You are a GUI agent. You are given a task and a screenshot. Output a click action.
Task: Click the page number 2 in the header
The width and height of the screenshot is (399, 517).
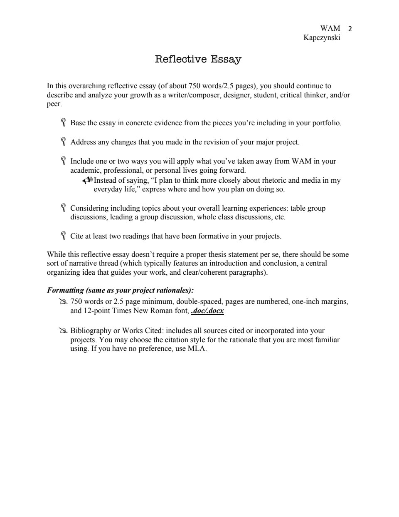[x=350, y=29]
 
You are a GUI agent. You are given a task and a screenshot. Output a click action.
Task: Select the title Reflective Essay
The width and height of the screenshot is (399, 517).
[x=198, y=59]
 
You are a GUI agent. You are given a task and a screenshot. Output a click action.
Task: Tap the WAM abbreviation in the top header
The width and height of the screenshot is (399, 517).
[x=330, y=28]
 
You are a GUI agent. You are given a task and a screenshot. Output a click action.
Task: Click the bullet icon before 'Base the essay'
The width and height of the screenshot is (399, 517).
[x=64, y=123]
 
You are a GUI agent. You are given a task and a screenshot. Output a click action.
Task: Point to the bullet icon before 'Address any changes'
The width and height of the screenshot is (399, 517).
[x=64, y=142]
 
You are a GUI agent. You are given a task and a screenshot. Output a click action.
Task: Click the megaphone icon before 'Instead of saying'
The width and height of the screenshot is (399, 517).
[x=87, y=180]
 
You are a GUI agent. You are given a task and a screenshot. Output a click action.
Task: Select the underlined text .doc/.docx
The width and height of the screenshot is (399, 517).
[x=207, y=311]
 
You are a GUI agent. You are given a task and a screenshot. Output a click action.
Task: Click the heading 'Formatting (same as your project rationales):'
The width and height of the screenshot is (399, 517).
[x=121, y=290]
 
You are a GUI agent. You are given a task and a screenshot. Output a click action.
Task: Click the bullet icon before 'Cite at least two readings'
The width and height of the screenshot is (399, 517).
[x=64, y=236]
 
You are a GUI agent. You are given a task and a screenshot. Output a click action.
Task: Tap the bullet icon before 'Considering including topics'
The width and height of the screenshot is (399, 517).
[x=64, y=208]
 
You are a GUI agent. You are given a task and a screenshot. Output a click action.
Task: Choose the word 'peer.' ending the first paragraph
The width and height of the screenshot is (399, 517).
[x=54, y=104]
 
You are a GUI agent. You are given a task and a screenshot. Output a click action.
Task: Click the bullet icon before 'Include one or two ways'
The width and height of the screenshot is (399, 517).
[x=64, y=161]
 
